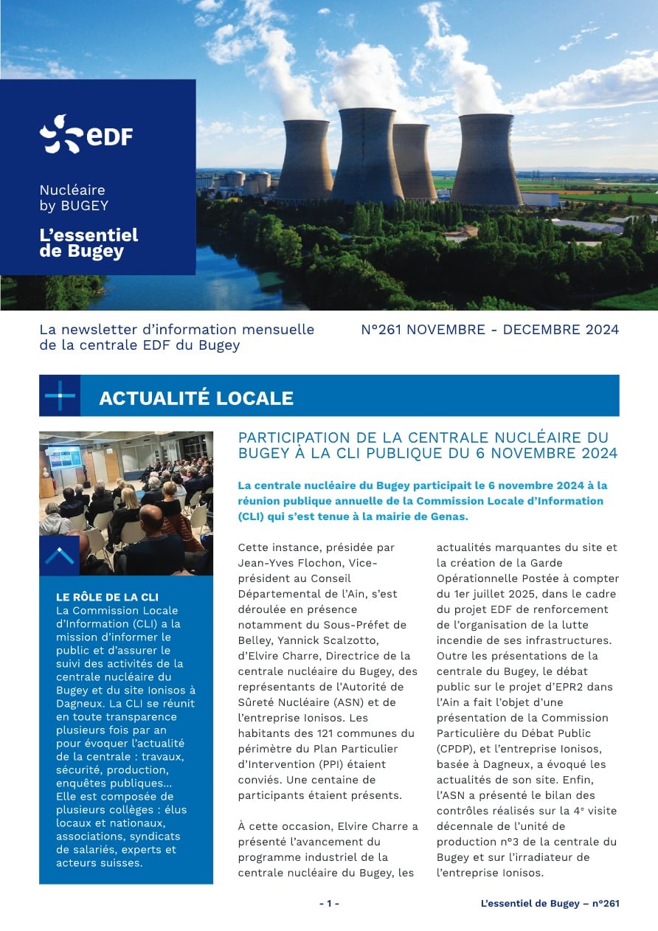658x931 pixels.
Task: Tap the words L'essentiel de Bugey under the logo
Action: point(89,243)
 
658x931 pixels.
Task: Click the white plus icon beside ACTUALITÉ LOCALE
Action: point(60,396)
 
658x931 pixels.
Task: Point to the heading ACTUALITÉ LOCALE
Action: point(196,398)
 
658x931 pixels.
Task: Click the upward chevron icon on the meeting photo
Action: point(59,556)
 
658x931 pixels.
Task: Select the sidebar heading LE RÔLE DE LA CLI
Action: point(107,597)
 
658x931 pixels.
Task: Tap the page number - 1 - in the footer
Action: point(329,904)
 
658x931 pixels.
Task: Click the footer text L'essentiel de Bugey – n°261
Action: point(550,904)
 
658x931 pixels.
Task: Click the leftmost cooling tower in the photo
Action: point(304,161)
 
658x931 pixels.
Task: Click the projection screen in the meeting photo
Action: point(63,459)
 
